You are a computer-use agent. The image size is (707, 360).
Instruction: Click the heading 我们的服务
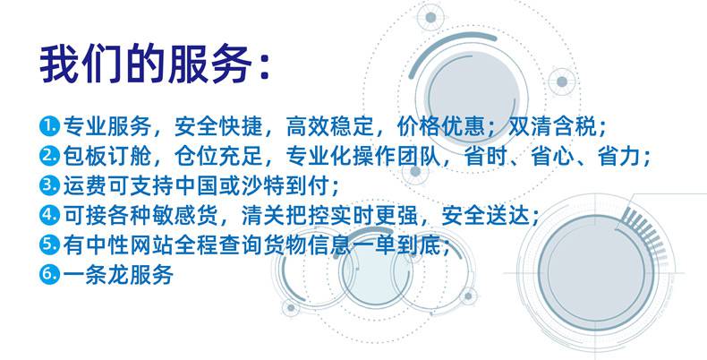pos(145,64)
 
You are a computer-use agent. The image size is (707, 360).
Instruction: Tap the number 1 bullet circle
pos(49,126)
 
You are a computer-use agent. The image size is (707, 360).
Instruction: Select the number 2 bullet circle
pos(49,156)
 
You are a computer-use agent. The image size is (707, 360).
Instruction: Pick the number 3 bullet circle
pos(49,185)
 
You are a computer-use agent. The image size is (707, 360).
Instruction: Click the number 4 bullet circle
pos(49,215)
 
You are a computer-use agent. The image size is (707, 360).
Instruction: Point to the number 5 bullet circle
pos(49,244)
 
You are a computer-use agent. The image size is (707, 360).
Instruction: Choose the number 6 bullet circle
pos(49,274)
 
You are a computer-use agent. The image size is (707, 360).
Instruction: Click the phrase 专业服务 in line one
pos(107,127)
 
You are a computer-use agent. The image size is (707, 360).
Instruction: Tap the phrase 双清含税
pos(553,127)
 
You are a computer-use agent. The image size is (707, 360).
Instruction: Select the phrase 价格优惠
pos(441,127)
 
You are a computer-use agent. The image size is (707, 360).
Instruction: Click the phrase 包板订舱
pos(107,156)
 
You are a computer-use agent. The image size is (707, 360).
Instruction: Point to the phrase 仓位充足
pos(218,156)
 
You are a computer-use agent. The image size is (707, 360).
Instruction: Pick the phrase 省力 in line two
pos(619,156)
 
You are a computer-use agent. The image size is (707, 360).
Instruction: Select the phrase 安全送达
pos(486,215)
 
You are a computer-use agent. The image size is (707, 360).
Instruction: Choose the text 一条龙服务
pos(118,274)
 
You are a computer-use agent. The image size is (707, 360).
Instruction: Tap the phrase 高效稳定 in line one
pos(330,127)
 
